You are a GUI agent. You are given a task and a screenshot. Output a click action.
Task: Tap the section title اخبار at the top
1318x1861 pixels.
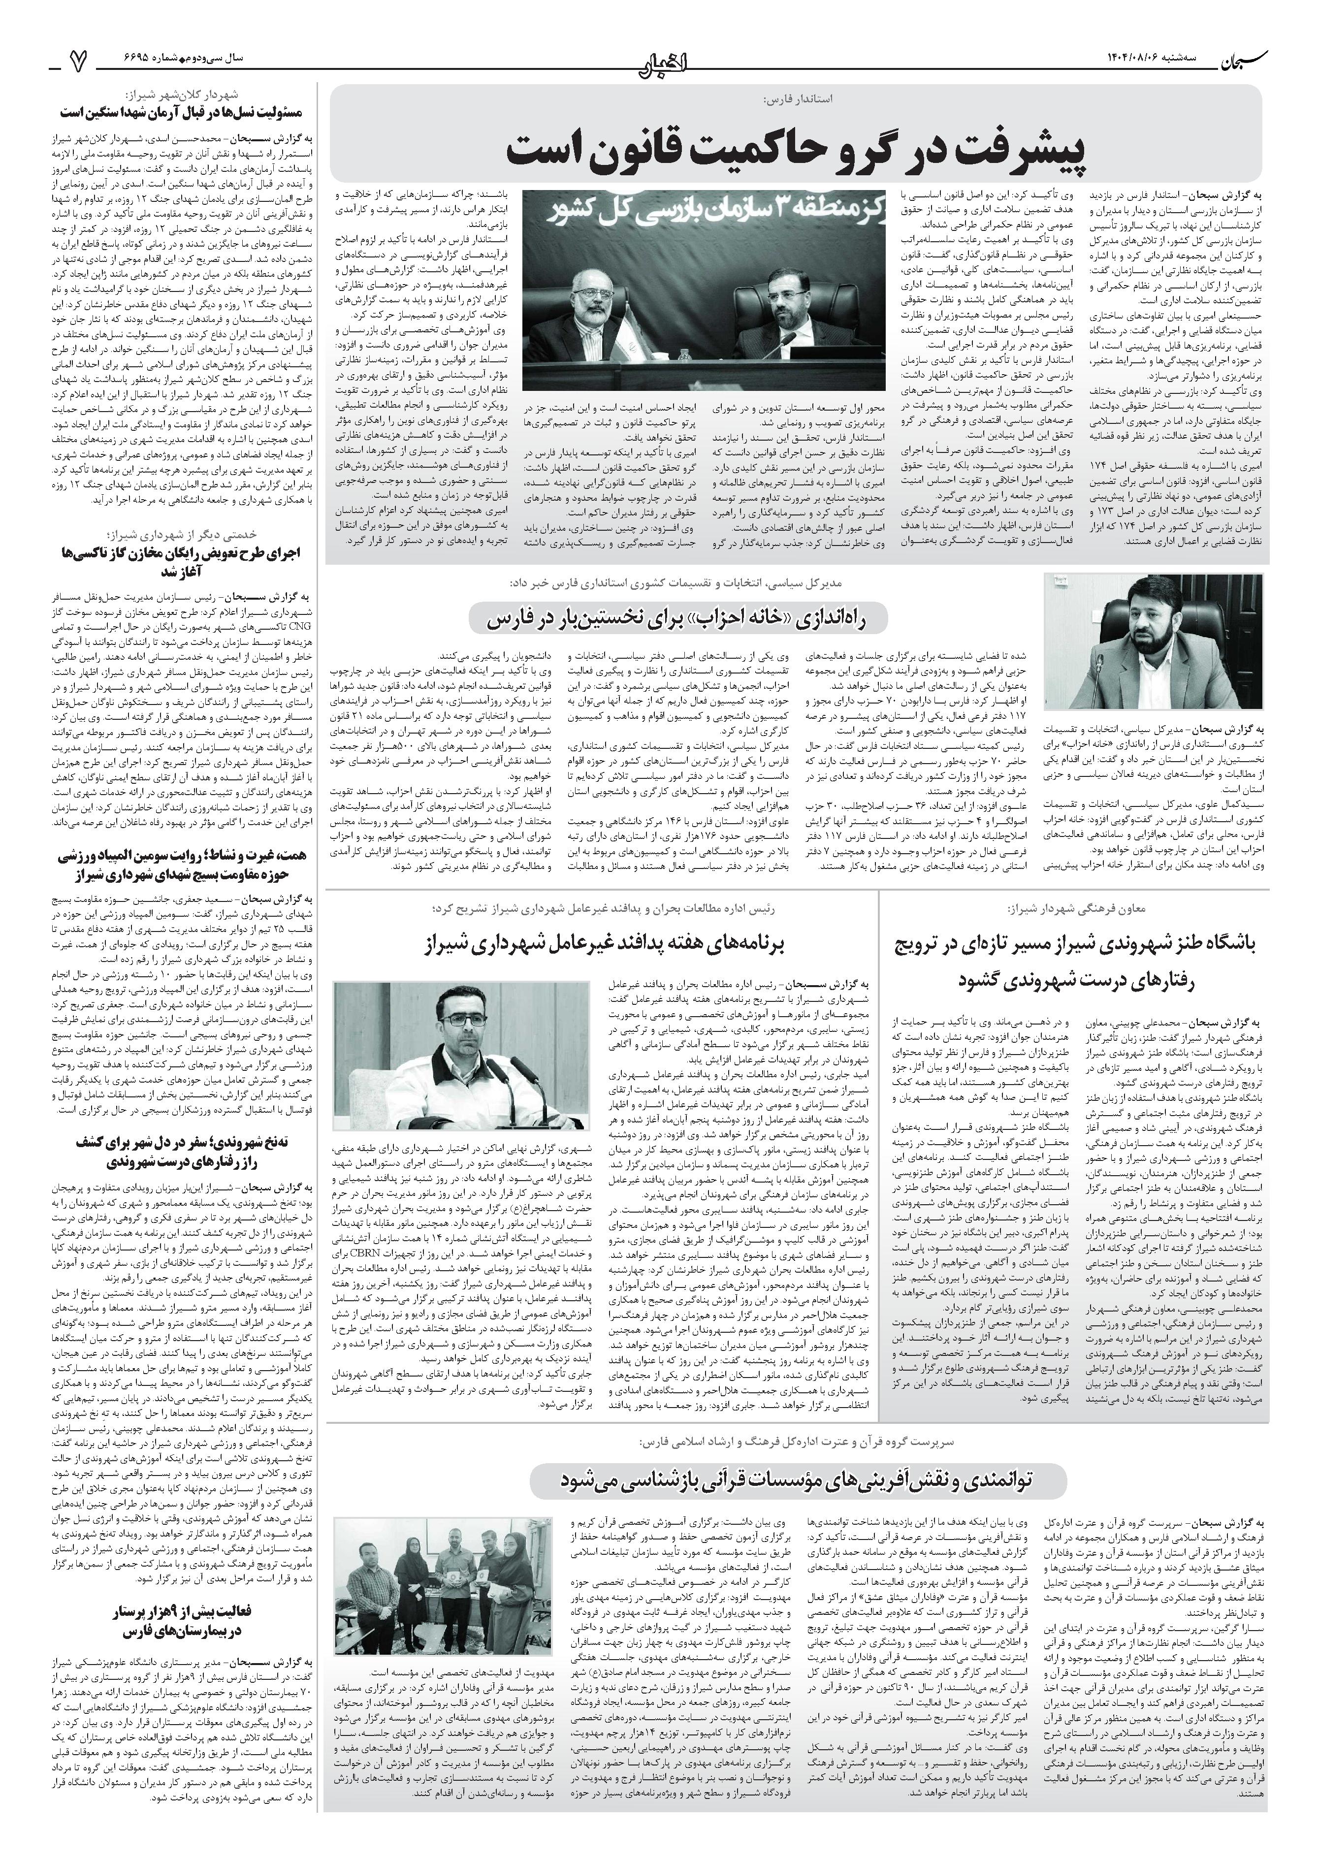658,59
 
